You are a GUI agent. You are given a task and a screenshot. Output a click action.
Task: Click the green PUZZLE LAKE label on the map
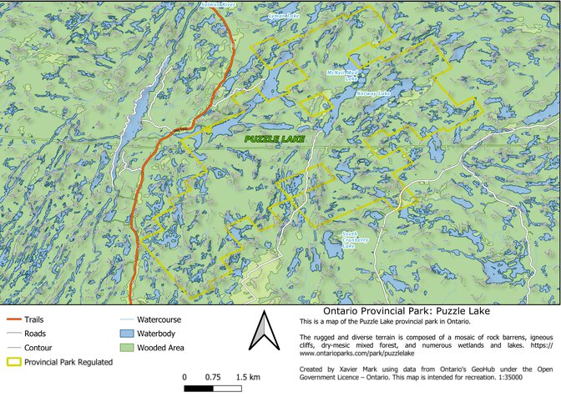275,138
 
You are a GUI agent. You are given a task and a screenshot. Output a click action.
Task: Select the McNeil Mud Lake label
341,75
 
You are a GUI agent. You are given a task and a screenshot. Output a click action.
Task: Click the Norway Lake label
372,93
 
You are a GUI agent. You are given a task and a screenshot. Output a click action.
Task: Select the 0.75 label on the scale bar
213,377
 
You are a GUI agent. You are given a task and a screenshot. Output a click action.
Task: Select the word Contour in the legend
38,348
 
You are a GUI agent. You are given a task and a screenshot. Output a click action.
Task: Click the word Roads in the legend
36,334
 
